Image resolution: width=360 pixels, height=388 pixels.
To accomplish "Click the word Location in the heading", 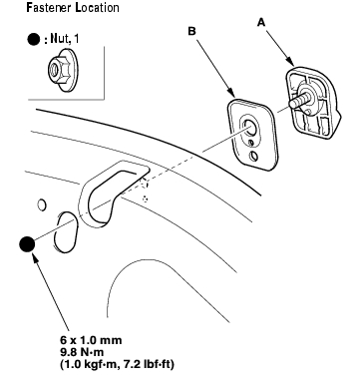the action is click(x=97, y=7).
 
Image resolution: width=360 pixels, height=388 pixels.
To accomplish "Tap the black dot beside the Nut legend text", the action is click(x=34, y=40).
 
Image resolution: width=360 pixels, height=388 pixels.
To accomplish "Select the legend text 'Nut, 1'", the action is click(x=65, y=39).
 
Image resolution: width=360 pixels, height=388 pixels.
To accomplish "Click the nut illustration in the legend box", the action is click(x=63, y=70).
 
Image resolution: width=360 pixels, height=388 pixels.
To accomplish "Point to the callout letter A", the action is click(x=261, y=23).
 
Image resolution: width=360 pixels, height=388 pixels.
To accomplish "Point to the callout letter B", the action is click(x=192, y=31).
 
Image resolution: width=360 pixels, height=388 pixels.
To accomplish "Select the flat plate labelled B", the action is click(x=253, y=135).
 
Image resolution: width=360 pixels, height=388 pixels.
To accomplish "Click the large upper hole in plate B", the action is click(x=249, y=128).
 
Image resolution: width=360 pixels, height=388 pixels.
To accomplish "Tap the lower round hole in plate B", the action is click(x=253, y=157).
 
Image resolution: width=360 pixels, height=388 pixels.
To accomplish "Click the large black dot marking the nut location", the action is click(x=27, y=244).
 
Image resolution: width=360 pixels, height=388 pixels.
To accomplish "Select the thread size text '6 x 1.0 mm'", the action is click(x=91, y=340).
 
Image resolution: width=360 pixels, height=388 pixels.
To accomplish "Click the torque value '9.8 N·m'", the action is click(x=82, y=352).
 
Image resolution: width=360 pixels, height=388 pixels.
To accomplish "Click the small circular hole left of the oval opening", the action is click(x=42, y=204).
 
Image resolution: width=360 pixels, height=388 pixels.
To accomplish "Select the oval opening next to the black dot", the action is click(x=66, y=231).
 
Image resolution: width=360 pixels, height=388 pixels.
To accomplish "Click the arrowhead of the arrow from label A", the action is click(x=290, y=62).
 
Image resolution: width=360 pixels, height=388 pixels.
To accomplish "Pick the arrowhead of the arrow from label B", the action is click(x=231, y=93).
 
